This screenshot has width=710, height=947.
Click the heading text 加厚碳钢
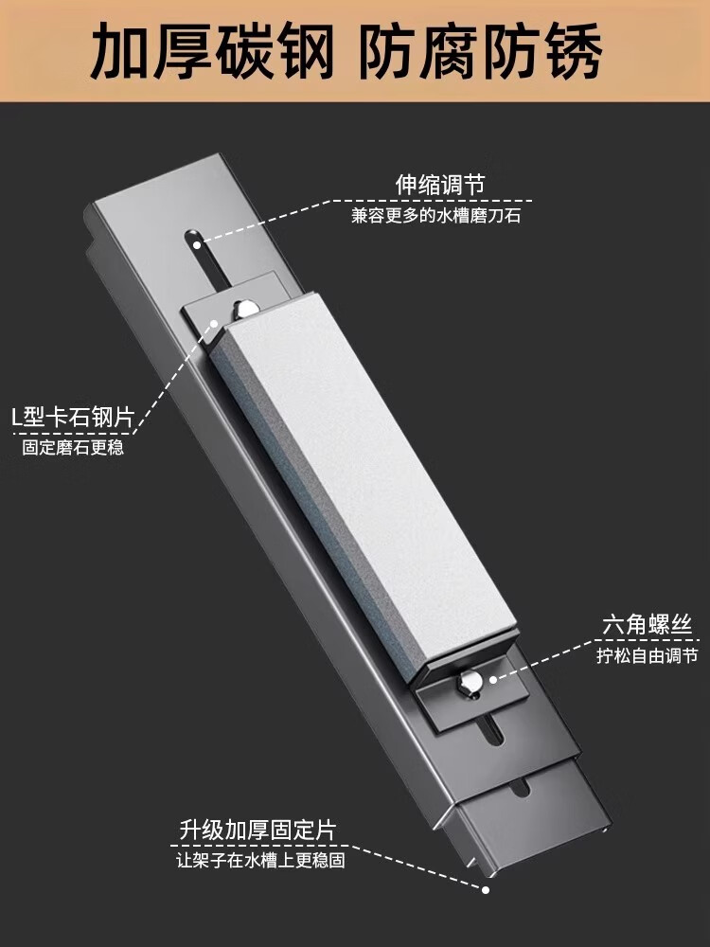click(x=212, y=54)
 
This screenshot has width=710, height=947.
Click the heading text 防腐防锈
click(x=481, y=54)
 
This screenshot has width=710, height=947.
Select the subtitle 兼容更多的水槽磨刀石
click(x=436, y=216)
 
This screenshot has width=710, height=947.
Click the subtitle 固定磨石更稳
click(x=73, y=448)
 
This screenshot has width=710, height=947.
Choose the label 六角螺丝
click(x=648, y=625)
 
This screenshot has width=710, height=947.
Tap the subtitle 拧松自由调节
click(x=648, y=655)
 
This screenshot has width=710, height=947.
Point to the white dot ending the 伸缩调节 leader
click(x=197, y=243)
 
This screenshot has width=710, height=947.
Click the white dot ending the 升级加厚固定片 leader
click(x=486, y=889)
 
